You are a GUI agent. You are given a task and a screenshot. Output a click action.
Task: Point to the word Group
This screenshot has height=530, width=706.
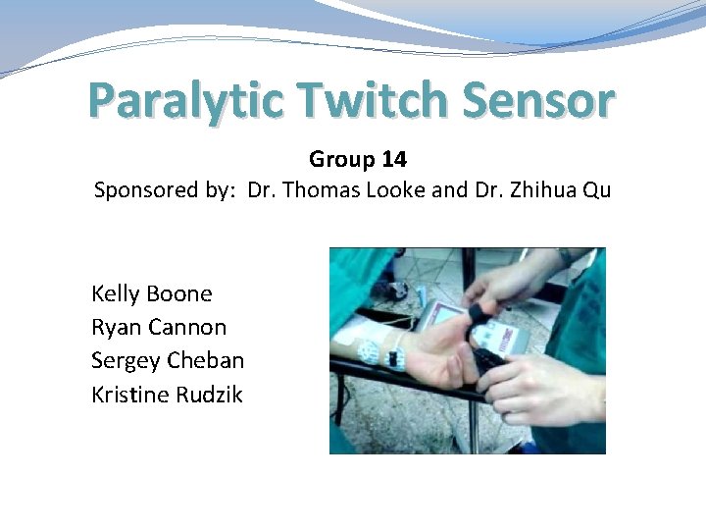click(342, 159)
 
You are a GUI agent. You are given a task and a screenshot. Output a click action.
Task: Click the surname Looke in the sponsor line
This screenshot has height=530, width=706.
click(397, 190)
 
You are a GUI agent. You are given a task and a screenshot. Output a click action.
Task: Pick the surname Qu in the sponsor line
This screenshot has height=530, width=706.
click(596, 190)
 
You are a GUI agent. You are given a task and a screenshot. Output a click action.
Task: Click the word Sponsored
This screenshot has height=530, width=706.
click(144, 190)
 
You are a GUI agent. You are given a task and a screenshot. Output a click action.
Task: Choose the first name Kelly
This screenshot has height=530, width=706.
click(115, 293)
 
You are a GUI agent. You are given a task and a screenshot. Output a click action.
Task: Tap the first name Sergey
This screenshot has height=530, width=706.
click(126, 361)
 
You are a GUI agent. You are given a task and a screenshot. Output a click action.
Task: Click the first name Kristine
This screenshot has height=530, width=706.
click(130, 395)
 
